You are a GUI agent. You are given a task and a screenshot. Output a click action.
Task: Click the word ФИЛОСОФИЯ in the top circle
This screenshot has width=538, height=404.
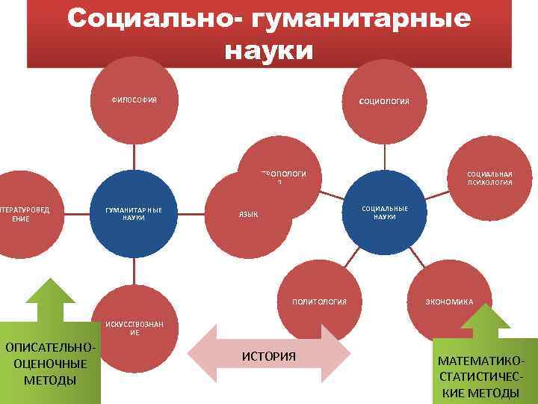(134, 100)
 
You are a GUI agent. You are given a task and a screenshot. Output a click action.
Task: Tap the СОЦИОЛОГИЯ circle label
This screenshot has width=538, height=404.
(383, 102)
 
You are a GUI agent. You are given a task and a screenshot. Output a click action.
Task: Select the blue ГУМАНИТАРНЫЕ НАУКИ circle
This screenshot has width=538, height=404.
(134, 213)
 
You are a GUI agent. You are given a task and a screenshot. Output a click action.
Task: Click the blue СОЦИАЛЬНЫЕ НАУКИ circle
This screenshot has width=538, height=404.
(384, 212)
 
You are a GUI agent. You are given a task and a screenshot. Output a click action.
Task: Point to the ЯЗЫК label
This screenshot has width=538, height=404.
(248, 215)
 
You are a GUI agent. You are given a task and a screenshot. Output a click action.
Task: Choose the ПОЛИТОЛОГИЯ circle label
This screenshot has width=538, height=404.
(319, 302)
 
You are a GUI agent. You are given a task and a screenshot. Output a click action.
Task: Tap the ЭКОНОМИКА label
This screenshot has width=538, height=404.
(448, 302)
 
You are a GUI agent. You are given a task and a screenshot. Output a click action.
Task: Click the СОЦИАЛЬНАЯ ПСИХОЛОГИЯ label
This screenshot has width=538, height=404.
(489, 177)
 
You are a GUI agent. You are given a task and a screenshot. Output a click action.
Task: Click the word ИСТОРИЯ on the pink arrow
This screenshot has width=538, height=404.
(269, 355)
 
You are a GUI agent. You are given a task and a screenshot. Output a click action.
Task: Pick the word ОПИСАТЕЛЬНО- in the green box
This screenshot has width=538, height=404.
(50, 348)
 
